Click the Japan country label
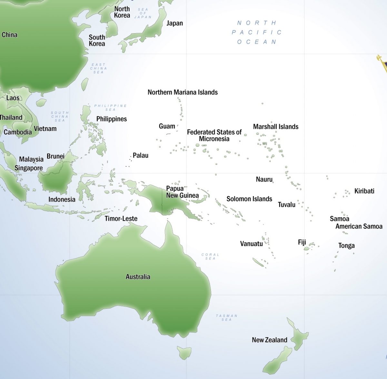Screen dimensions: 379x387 [174, 23]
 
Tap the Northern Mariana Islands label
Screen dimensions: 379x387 [183, 92]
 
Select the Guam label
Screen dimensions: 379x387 [167, 126]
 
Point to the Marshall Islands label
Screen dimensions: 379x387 [276, 127]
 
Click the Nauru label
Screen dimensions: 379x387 [264, 179]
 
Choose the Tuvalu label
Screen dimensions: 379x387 [286, 204]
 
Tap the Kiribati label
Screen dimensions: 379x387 [364, 191]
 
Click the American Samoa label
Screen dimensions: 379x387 [359, 226]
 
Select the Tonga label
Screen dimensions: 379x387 [346, 246]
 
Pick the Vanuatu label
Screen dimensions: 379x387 [251, 244]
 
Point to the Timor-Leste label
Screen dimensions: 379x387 [121, 219]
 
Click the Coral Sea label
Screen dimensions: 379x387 [210, 256]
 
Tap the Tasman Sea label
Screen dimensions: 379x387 [226, 318]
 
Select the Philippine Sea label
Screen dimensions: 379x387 [110, 107]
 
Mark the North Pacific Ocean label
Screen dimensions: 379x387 [257, 32]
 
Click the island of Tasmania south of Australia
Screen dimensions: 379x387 [184, 352]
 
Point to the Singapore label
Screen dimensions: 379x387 [28, 168]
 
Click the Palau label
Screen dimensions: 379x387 [141, 155]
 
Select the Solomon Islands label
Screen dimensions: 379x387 [249, 199]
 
